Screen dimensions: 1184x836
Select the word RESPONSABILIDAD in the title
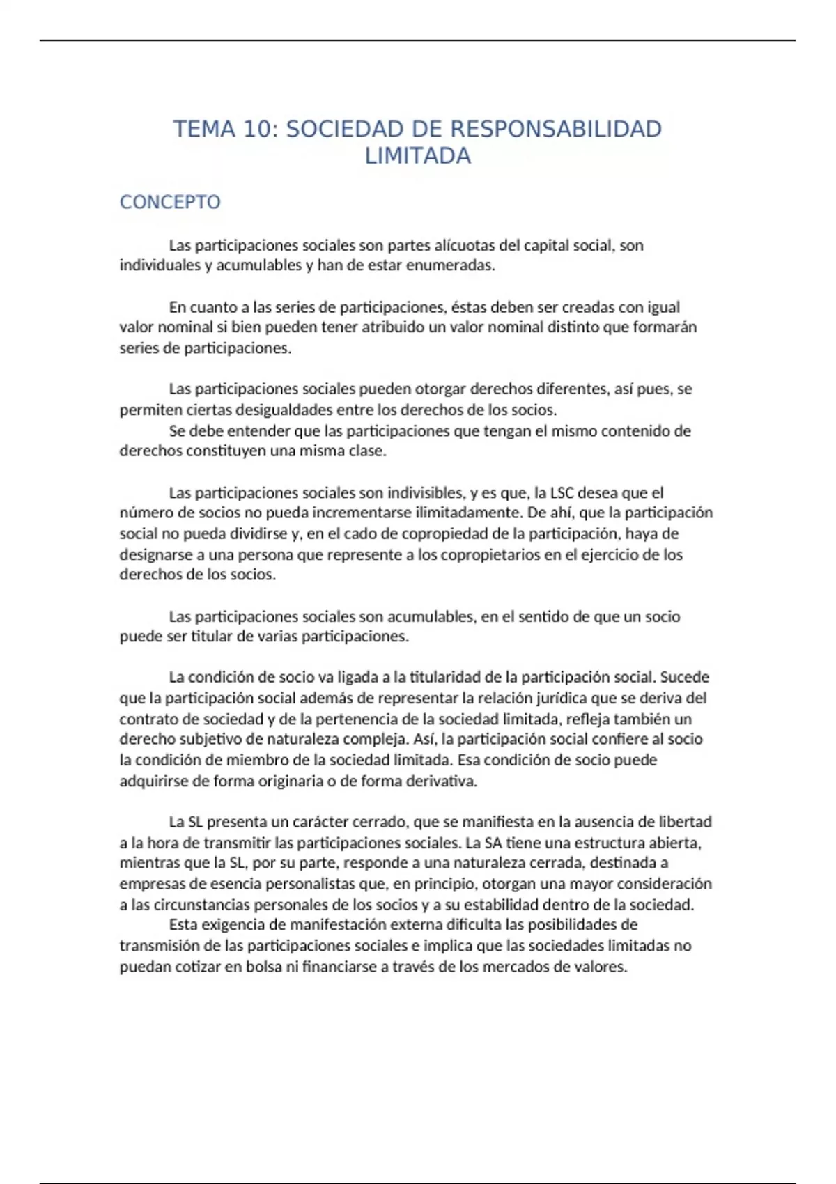point(556,130)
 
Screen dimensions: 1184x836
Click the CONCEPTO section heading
point(170,202)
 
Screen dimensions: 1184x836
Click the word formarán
point(664,327)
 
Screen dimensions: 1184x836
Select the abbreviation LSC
point(562,493)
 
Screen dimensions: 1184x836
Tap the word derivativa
point(442,781)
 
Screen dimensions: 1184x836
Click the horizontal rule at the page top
point(418,40)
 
